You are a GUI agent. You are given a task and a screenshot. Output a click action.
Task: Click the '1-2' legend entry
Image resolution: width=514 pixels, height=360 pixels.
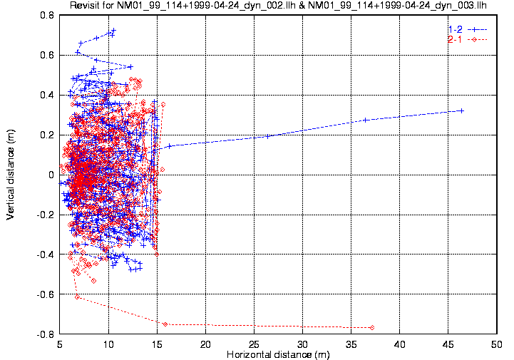pos(455,29)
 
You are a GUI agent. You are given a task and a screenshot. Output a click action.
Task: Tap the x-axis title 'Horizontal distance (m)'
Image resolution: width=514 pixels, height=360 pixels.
pos(278,354)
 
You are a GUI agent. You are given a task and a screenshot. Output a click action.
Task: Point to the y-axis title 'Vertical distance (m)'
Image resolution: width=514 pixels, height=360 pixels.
pos(11,174)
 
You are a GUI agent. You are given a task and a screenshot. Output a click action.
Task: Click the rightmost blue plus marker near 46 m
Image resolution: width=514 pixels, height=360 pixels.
pos(462,110)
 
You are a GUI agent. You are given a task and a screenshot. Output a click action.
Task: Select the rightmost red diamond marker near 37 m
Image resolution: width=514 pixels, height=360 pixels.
pos(373,327)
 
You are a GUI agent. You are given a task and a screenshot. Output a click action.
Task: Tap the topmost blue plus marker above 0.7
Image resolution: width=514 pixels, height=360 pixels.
pos(113,31)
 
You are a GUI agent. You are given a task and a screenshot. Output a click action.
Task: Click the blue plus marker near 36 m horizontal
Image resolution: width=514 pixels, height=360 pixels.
pos(365,120)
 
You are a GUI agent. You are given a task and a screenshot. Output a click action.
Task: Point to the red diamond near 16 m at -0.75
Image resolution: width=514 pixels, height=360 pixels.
pos(165,324)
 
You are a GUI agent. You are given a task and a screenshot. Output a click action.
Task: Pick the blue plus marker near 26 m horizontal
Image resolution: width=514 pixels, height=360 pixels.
pos(268,136)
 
